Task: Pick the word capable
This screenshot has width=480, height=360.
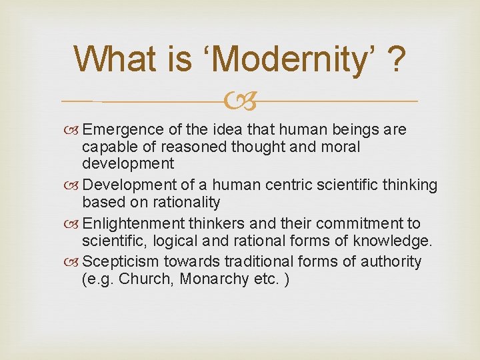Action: point(107,147)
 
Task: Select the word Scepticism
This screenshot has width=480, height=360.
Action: point(120,262)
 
